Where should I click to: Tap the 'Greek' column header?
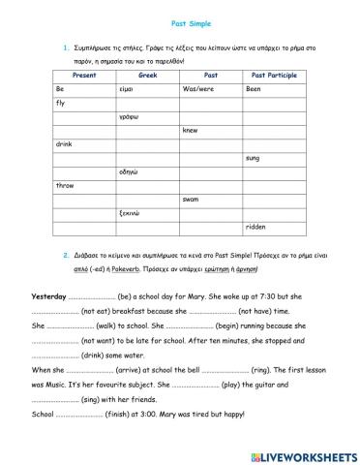coord(147,74)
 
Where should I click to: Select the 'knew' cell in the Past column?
coord(191,130)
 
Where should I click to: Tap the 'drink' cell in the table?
coord(64,143)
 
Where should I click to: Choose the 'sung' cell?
coord(253,157)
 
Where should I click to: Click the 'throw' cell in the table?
coord(65,185)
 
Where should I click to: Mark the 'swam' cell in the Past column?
coord(192,199)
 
